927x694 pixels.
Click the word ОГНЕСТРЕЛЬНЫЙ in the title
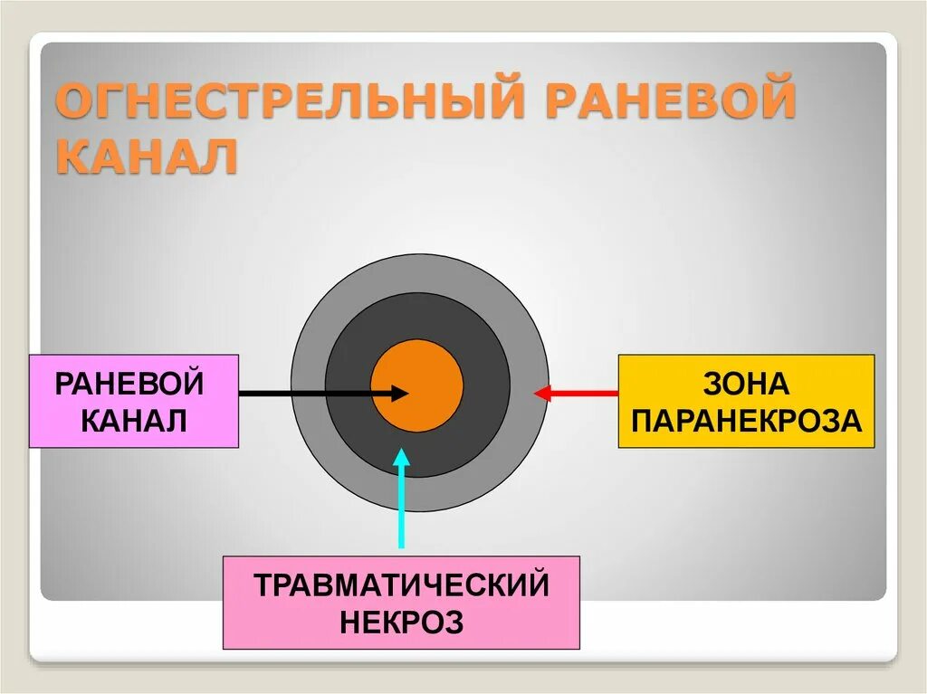[x=290, y=102]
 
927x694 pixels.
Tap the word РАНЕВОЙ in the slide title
[x=670, y=102]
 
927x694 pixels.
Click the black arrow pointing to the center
[x=308, y=393]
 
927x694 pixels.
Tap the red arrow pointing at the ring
[x=579, y=393]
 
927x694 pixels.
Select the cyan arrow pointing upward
[x=401, y=507]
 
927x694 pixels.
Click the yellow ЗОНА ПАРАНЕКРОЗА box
[x=746, y=401]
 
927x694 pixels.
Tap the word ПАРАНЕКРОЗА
[x=746, y=421]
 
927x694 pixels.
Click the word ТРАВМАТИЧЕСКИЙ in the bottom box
[x=401, y=585]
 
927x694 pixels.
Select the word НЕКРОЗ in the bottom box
[x=401, y=623]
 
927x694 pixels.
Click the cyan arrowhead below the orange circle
[x=401, y=459]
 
